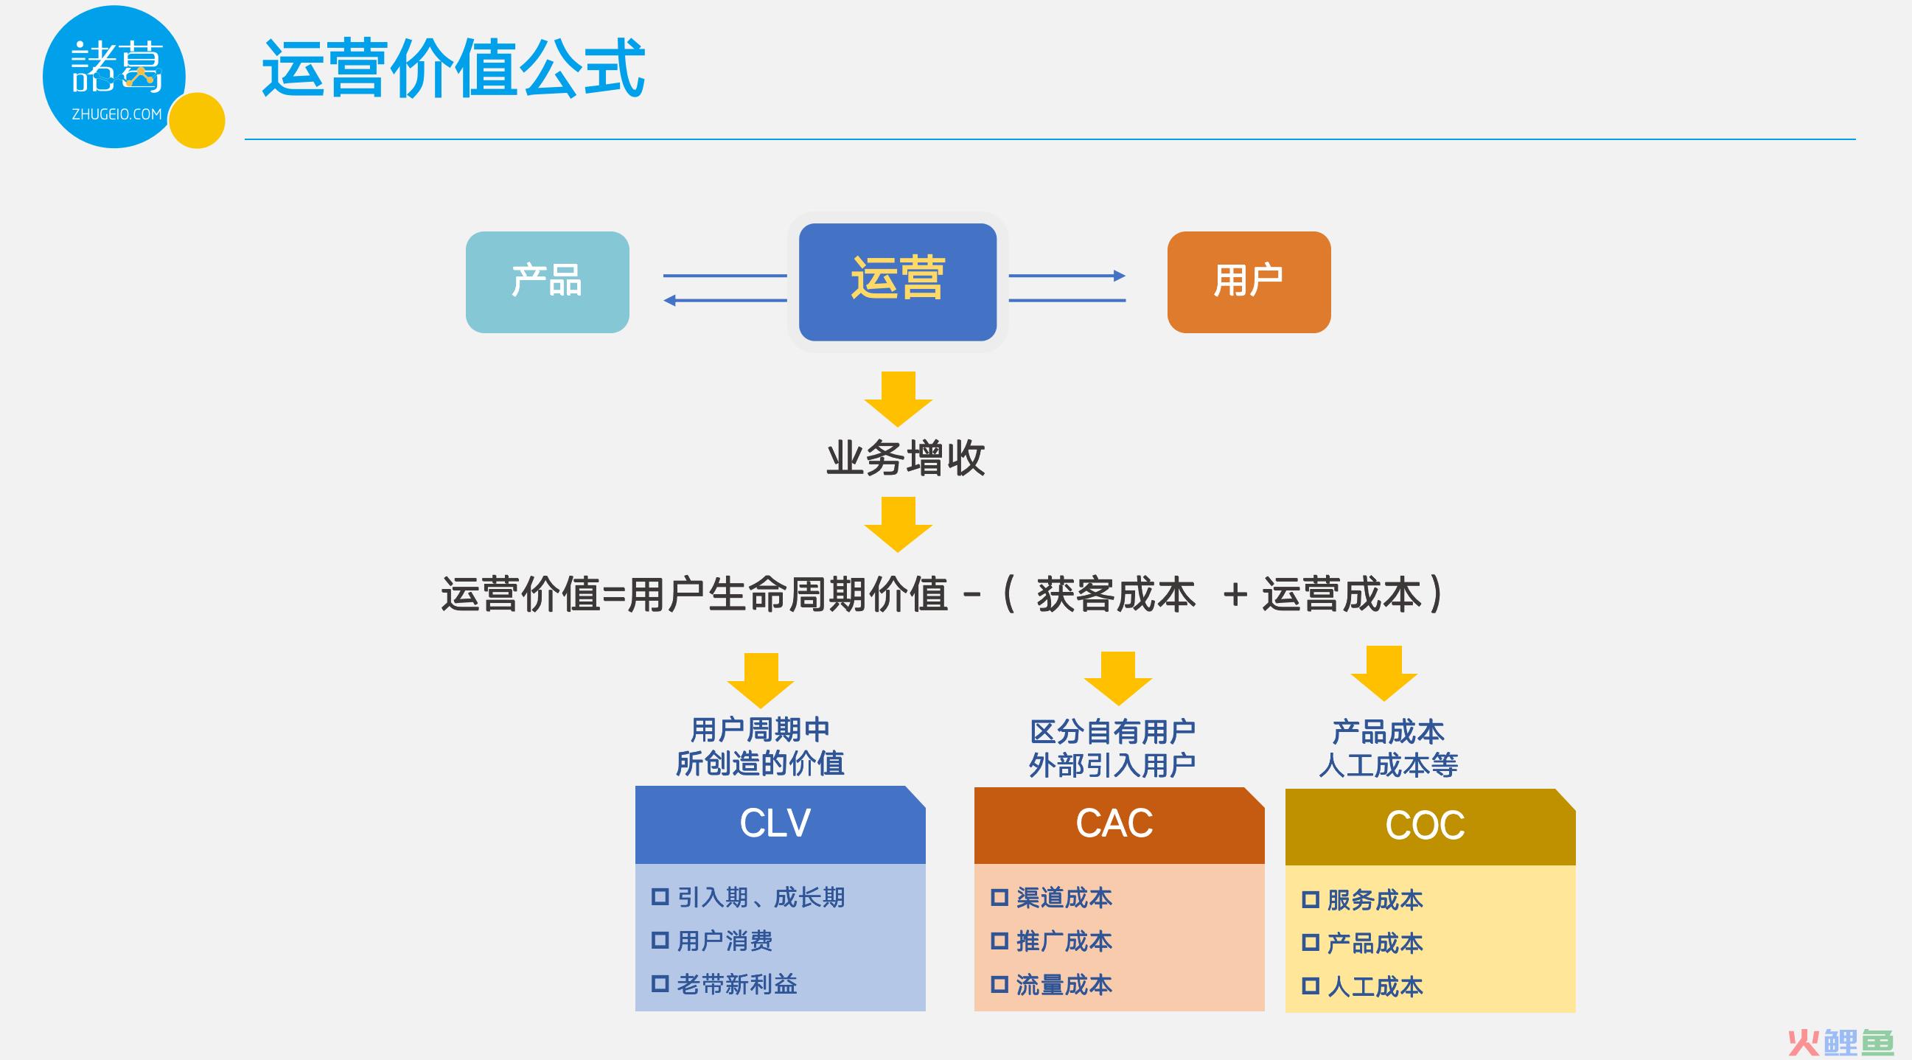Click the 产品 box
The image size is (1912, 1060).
(x=547, y=282)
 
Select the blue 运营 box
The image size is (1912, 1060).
(x=897, y=282)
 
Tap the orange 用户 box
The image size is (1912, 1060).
(x=1249, y=282)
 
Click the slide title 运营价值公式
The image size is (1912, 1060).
(x=453, y=69)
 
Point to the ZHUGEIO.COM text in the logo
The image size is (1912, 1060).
(x=116, y=114)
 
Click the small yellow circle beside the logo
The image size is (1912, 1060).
(x=197, y=120)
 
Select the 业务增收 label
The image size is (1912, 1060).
(x=906, y=458)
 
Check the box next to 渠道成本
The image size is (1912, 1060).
(x=999, y=897)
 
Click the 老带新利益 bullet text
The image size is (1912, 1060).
(x=737, y=984)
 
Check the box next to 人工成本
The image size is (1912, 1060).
(x=1310, y=986)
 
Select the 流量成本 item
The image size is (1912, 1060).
(x=1064, y=985)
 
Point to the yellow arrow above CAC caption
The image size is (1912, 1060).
(x=1118, y=678)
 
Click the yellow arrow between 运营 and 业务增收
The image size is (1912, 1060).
(x=898, y=400)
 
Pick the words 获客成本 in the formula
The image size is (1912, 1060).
(x=1116, y=595)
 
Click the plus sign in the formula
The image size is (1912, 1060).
(x=1235, y=596)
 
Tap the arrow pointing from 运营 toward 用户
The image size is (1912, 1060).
(x=1067, y=276)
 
